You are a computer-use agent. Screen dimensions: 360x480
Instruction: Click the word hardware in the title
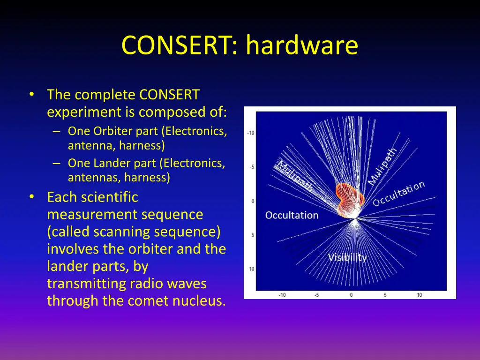click(x=302, y=46)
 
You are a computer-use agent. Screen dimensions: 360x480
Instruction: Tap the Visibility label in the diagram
click(x=347, y=257)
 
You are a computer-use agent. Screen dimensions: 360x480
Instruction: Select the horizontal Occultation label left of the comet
click(x=292, y=215)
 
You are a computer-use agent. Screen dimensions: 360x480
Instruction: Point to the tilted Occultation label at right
click(x=399, y=193)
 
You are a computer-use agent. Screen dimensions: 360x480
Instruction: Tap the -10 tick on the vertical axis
click(x=251, y=133)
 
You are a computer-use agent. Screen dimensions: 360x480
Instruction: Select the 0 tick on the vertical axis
click(x=253, y=201)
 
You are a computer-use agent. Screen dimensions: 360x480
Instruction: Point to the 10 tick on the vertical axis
click(x=252, y=269)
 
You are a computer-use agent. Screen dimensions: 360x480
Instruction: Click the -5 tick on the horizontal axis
click(x=317, y=295)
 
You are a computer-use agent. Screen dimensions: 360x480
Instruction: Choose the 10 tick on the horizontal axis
click(x=419, y=295)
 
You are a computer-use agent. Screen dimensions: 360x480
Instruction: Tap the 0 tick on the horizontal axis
click(x=351, y=295)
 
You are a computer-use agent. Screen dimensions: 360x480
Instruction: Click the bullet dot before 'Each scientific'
click(x=31, y=197)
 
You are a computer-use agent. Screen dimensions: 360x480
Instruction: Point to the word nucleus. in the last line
click(x=200, y=300)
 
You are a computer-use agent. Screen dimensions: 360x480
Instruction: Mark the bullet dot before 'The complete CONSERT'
click(x=31, y=95)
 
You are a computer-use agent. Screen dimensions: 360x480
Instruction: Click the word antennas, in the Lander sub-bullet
click(x=90, y=177)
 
